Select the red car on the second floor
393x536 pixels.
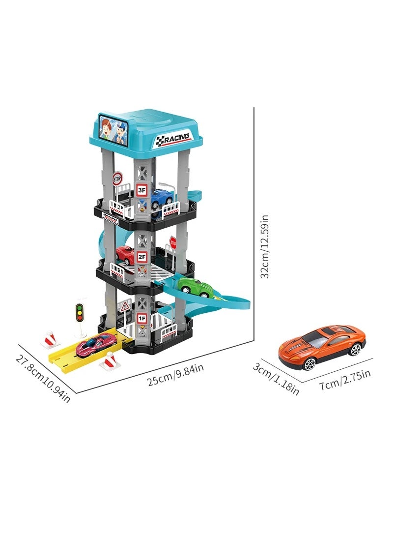125,255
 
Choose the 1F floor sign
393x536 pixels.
142,318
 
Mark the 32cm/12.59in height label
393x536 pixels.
265,246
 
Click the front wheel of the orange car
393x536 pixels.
309,363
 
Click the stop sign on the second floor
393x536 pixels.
173,242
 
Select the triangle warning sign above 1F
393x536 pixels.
126,306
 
